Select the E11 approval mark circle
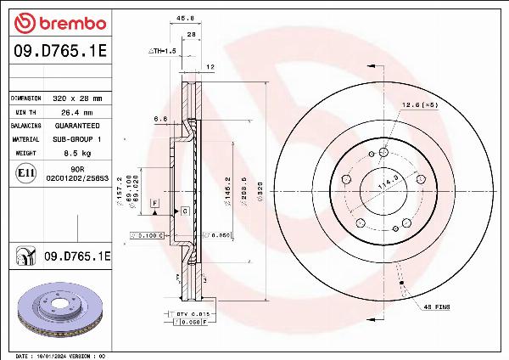(x=25, y=173)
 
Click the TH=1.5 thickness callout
(x=163, y=51)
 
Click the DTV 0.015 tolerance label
(x=187, y=314)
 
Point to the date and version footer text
(x=59, y=355)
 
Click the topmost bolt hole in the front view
(x=383, y=152)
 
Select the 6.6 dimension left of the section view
(x=159, y=120)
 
